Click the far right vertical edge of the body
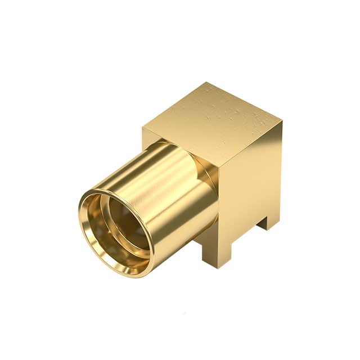281,169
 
